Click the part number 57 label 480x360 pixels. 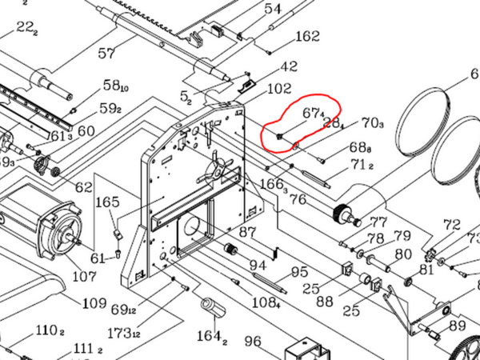point(106,53)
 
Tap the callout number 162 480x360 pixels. point(307,37)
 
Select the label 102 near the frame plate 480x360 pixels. point(279,90)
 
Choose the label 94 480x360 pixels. point(258,265)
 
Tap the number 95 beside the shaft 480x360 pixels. point(299,272)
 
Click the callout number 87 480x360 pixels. point(248,233)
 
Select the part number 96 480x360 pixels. point(253,342)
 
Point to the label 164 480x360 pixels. point(208,335)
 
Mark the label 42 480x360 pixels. point(289,66)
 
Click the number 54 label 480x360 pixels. point(273,9)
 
